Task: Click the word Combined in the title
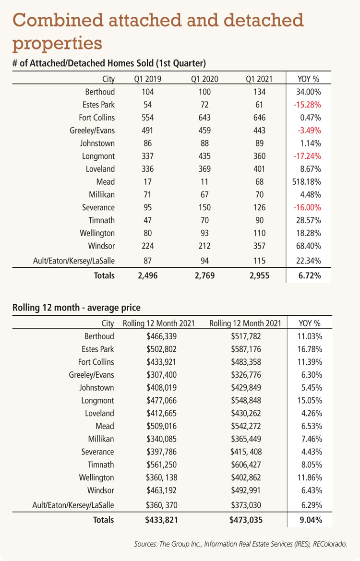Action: tap(59, 20)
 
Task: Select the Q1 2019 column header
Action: tap(147, 79)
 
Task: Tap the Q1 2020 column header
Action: tap(204, 79)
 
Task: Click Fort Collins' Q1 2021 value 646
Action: tap(259, 118)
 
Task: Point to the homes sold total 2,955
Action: tap(259, 275)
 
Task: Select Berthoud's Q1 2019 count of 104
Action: tap(147, 92)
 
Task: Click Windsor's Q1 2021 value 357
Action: tap(259, 246)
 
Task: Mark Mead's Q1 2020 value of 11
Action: tap(204, 182)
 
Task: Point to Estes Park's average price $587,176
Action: tap(246, 349)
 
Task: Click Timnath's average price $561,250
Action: tap(161, 465)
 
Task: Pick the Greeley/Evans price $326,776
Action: tap(246, 375)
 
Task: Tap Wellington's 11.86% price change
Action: tap(310, 477)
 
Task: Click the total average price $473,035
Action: tap(246, 520)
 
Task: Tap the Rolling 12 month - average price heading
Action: tap(77, 308)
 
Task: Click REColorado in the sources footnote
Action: tap(330, 544)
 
